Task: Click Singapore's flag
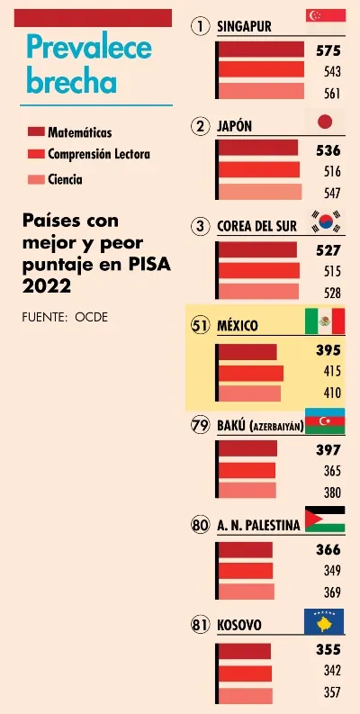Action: click(326, 15)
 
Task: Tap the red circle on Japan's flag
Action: click(325, 122)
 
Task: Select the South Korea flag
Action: click(325, 221)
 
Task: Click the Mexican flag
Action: click(325, 321)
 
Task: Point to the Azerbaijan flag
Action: click(325, 421)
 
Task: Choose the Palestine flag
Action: click(325, 520)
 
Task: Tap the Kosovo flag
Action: click(324, 621)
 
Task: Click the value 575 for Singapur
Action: click(328, 50)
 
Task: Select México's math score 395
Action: click(328, 350)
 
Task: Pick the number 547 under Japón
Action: click(332, 194)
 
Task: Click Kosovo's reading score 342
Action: click(332, 671)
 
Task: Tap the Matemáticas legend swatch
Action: click(36, 132)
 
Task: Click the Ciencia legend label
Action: click(65, 179)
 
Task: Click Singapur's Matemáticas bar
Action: click(261, 50)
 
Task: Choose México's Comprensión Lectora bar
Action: click(251, 374)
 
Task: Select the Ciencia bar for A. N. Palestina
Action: click(247, 592)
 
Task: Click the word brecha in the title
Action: click(71, 83)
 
